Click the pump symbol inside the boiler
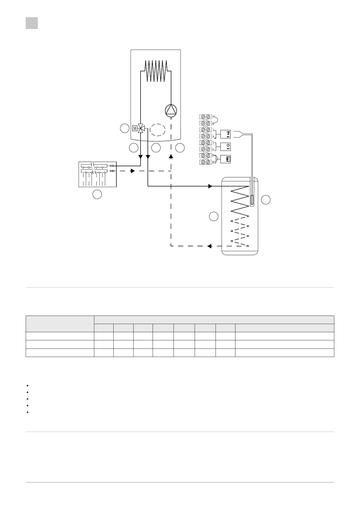tap(171, 110)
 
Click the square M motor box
tap(135, 128)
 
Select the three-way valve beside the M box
tap(141, 128)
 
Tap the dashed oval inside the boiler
tap(157, 131)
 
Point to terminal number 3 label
tap(213, 130)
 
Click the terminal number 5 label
tap(213, 143)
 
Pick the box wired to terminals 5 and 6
tap(226, 146)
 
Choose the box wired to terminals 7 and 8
tap(226, 159)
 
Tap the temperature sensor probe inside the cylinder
tap(252, 200)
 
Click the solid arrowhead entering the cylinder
tap(210, 186)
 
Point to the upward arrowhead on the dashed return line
tap(171, 157)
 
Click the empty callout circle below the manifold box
tap(97, 195)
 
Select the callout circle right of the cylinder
tap(266, 200)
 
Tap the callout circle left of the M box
tap(124, 128)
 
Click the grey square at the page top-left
tap(32, 23)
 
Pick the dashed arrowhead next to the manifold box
tap(132, 171)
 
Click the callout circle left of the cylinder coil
tap(214, 216)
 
